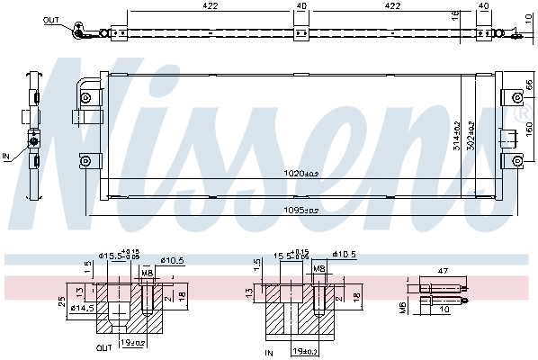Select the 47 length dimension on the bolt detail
pyautogui.click(x=443, y=269)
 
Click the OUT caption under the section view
pyautogui.click(x=105, y=346)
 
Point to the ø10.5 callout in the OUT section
pyautogui.click(x=172, y=261)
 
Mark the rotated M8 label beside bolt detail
pyautogui.click(x=403, y=309)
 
